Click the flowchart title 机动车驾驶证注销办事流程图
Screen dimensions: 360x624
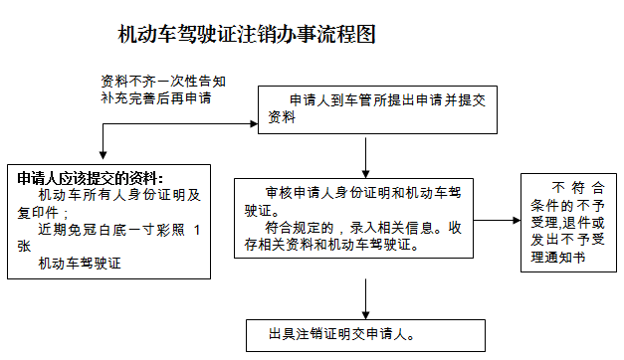coord(246,35)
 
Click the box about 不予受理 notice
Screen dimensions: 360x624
coord(568,221)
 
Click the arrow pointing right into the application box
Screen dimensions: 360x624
coord(239,124)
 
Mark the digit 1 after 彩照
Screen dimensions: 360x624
coord(197,230)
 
